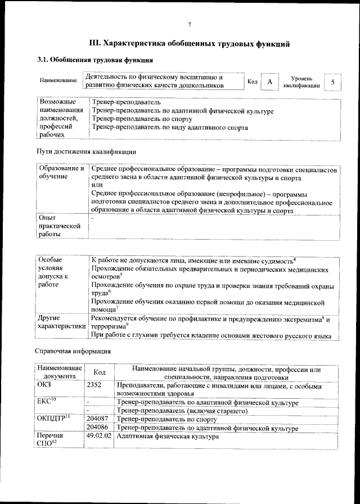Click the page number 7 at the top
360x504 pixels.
point(190,24)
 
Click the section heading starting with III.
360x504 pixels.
point(190,43)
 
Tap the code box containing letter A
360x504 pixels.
point(270,82)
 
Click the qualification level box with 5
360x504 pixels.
point(334,82)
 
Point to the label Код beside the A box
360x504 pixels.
point(253,82)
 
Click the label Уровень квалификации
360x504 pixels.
point(302,82)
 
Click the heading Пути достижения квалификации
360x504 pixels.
point(86,151)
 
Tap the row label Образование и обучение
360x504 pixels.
point(61,173)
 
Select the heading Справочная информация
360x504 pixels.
point(74,351)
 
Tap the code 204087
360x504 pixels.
point(98,419)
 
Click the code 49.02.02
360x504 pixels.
point(99,436)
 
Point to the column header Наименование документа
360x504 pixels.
point(60,372)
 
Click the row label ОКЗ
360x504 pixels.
point(44,386)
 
